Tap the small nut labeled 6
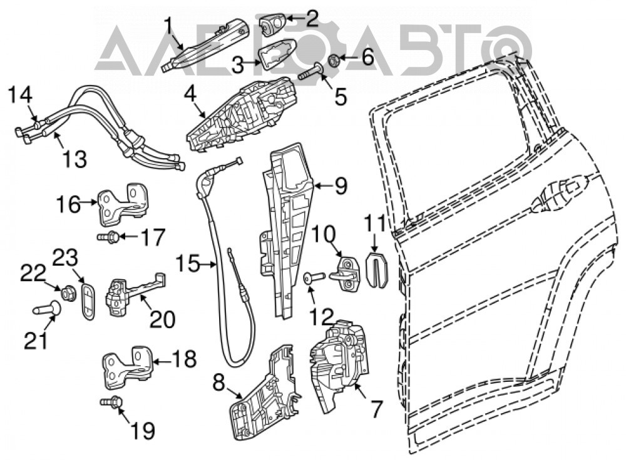(334, 61)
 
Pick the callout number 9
(341, 186)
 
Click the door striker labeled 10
(347, 276)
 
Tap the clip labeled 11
(376, 269)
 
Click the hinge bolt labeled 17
(108, 237)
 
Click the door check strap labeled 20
(135, 294)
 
